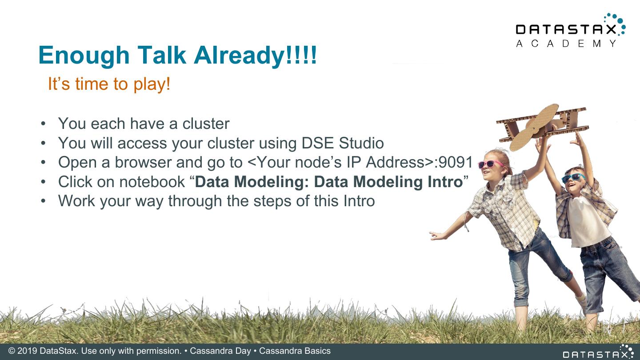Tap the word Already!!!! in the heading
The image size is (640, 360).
point(255,56)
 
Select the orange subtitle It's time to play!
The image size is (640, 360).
point(109,84)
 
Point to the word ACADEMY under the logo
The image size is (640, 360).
point(566,44)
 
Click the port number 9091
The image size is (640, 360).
point(456,162)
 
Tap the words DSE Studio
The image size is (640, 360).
point(343,143)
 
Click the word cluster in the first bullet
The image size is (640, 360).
point(206,124)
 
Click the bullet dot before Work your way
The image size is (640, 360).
point(43,201)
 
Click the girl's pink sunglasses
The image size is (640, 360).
point(491,164)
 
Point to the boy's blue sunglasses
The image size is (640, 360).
point(572,178)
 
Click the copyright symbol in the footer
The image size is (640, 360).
point(12,351)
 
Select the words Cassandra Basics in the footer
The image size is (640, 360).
point(295,351)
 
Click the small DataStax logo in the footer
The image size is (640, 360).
point(598,352)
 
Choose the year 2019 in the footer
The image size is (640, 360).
point(28,351)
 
